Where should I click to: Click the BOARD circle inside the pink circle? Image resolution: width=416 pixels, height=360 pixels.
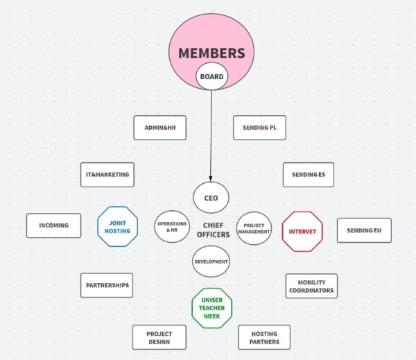[x=211, y=77]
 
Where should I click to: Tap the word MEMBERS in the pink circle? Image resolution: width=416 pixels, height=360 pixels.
[x=211, y=53]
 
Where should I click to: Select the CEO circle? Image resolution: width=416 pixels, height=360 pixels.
[x=211, y=198]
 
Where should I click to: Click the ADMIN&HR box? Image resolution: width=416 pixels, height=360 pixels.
[x=159, y=128]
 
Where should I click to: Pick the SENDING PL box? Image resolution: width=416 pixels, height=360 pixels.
[x=260, y=128]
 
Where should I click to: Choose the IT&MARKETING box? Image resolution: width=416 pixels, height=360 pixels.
[x=107, y=175]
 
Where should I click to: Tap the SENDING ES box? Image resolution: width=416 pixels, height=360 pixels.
[x=309, y=175]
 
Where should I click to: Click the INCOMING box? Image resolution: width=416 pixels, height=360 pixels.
[x=53, y=225]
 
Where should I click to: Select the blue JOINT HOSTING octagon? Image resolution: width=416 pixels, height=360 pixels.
[x=117, y=227]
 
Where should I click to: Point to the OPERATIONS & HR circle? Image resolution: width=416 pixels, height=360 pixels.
[x=172, y=227]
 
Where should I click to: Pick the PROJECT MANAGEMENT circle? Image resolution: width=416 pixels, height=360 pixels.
[x=254, y=228]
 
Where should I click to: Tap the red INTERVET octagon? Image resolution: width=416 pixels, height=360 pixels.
[x=302, y=231]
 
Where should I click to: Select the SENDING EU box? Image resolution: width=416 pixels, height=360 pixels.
[x=364, y=230]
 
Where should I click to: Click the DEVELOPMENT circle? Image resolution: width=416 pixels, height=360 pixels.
[x=211, y=262]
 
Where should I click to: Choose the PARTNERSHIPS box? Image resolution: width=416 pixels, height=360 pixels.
[x=107, y=285]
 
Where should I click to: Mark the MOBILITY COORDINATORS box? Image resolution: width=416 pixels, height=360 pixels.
[x=311, y=286]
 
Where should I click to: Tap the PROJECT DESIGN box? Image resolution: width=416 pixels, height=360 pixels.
[x=159, y=337]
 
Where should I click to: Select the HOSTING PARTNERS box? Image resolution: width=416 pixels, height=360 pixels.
[x=264, y=337]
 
